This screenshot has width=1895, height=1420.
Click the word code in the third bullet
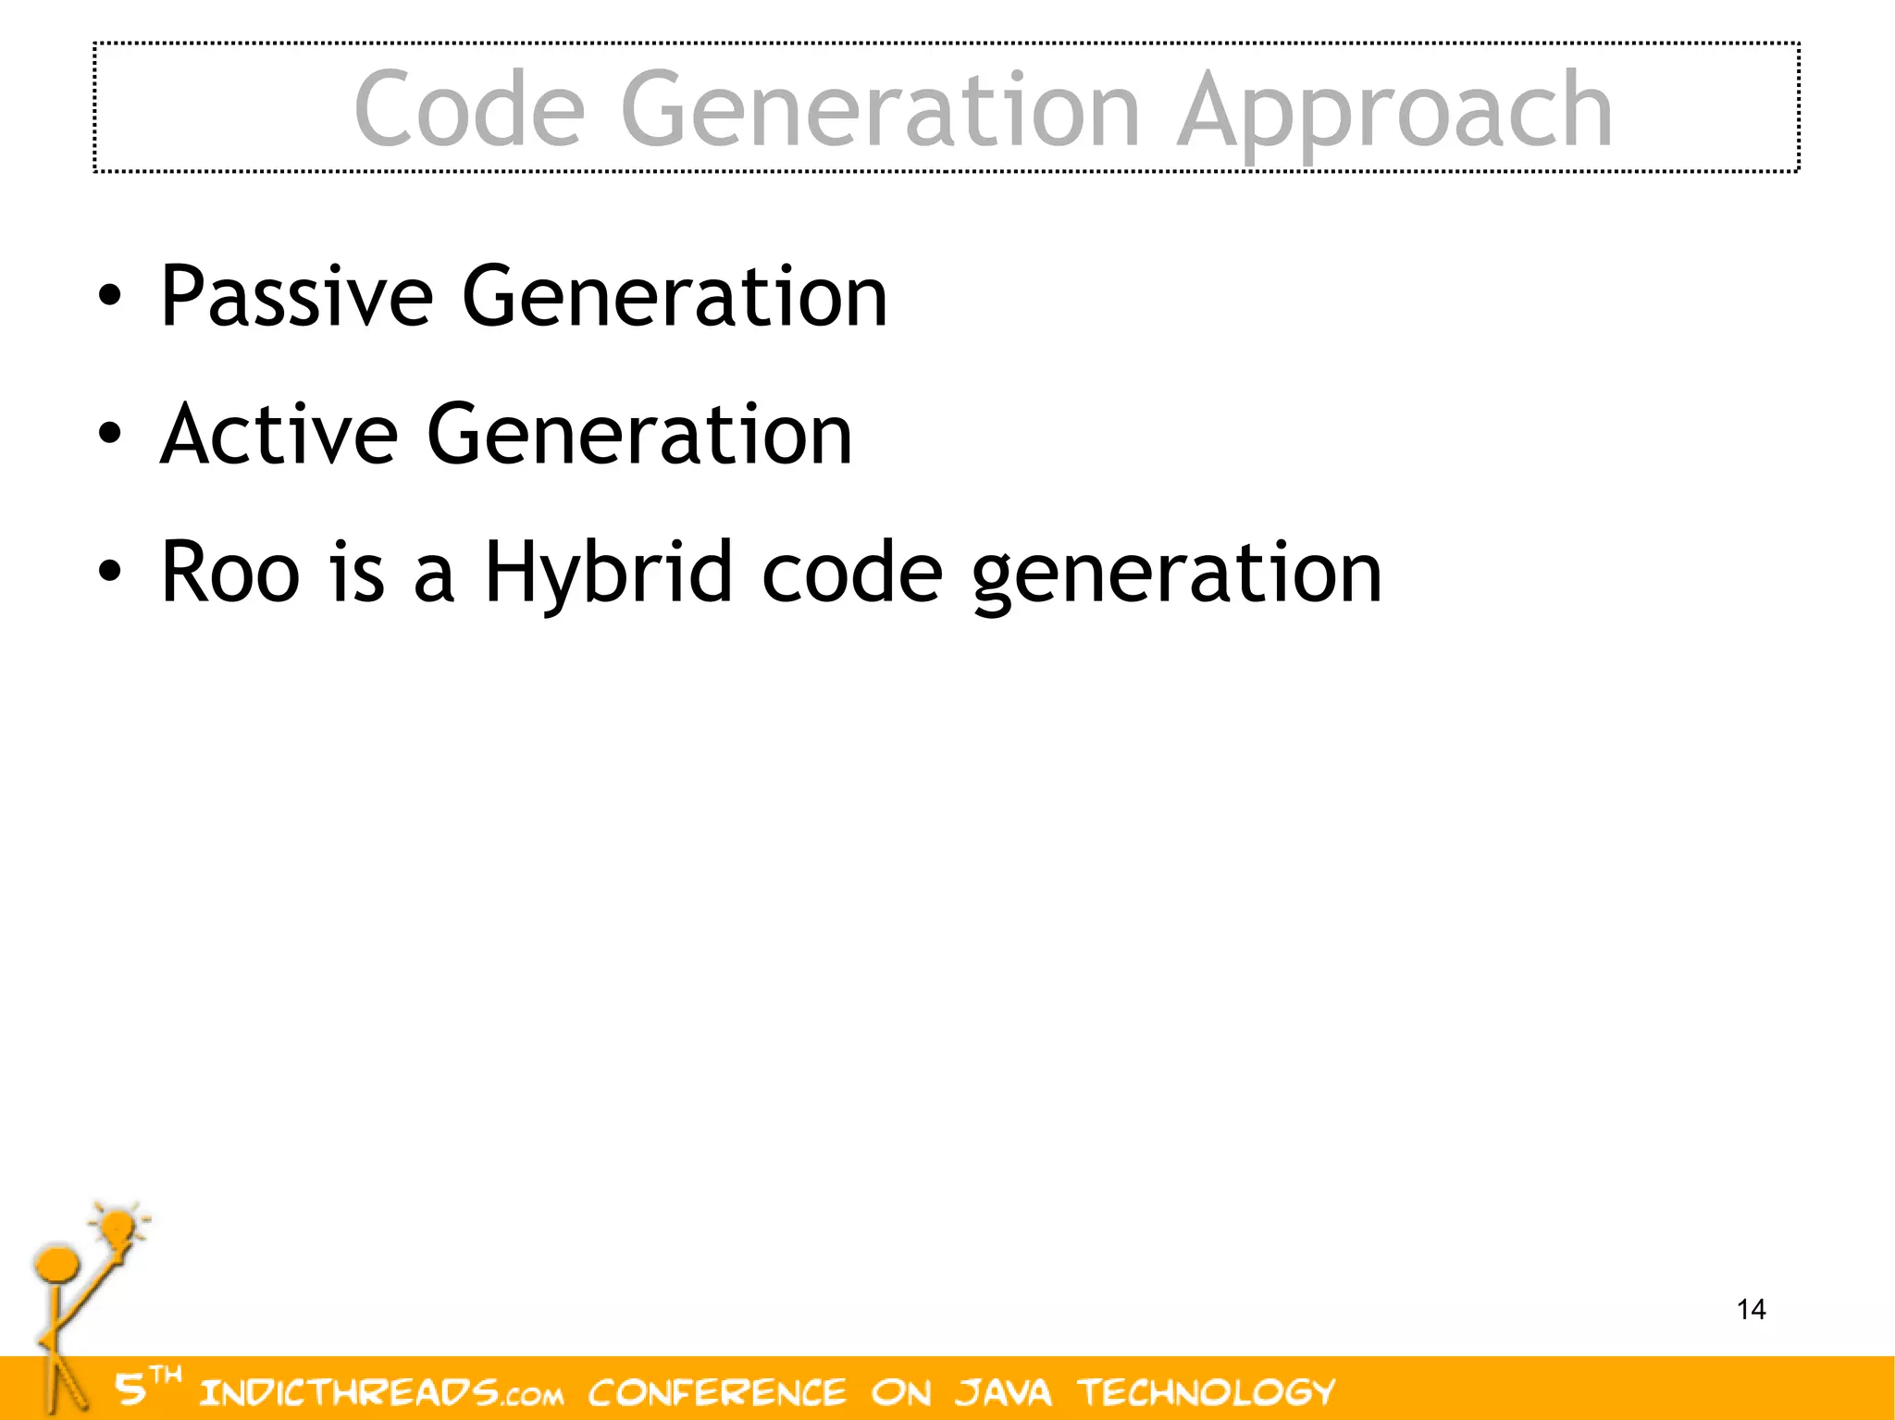click(852, 573)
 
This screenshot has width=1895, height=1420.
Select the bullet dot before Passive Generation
click(109, 297)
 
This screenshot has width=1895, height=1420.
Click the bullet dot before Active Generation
click(109, 434)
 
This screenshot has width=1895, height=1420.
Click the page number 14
click(1751, 1309)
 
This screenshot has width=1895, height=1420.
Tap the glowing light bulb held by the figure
click(118, 1229)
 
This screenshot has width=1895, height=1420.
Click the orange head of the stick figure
click(56, 1264)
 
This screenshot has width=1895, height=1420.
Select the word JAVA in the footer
click(1003, 1391)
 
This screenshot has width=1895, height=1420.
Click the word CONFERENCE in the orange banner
click(717, 1391)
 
